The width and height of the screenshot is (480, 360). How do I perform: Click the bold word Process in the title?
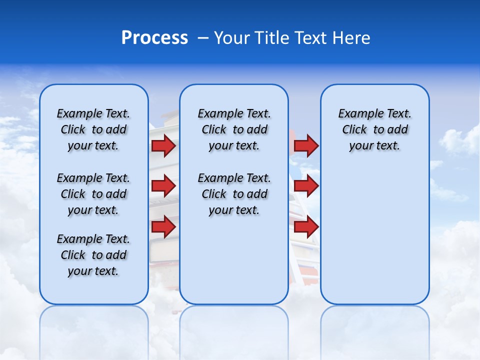click(x=154, y=38)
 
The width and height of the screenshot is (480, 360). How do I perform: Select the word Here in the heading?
click(x=352, y=38)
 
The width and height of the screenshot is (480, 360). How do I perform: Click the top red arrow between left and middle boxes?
click(x=163, y=146)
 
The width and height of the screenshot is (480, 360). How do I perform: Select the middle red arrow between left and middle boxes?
click(x=163, y=186)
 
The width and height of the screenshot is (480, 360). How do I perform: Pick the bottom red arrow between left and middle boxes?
click(x=163, y=227)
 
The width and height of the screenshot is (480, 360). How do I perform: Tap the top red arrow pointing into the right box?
click(x=306, y=146)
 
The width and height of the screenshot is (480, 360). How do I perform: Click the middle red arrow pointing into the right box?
click(x=306, y=186)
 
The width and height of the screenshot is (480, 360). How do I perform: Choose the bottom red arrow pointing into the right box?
click(x=306, y=227)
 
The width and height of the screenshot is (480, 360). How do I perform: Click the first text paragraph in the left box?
click(x=93, y=129)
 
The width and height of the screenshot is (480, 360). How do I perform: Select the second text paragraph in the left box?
click(x=93, y=194)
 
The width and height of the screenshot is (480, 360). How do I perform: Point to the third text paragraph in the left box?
click(x=93, y=255)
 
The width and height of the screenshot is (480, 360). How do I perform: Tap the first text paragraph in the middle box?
click(x=234, y=129)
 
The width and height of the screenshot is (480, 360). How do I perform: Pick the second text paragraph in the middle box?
click(x=234, y=194)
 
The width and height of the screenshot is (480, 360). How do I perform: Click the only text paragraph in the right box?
click(x=374, y=129)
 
